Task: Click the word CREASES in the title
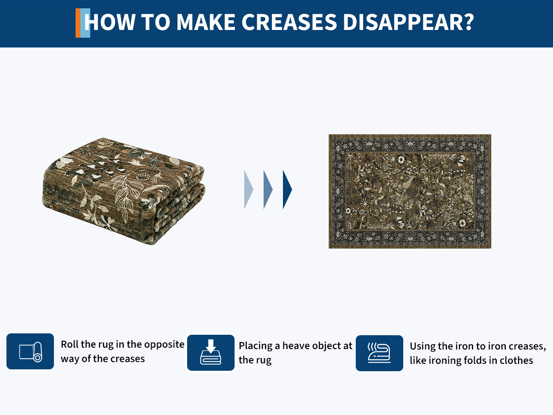[x=289, y=22]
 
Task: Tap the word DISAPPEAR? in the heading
[x=408, y=22]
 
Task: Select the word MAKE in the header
[x=206, y=22]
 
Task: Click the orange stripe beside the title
[x=78, y=23]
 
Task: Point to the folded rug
[x=124, y=191]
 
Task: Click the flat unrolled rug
[x=410, y=191]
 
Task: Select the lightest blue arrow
[x=248, y=190]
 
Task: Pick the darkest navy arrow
[x=287, y=190]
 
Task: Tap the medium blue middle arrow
[x=268, y=190]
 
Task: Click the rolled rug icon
[x=30, y=351]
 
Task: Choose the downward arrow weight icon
[x=211, y=352]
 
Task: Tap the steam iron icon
[x=379, y=353]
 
